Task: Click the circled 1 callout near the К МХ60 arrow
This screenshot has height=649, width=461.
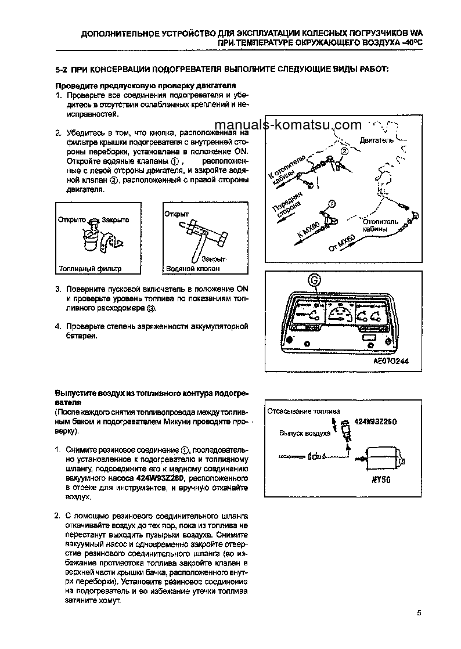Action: coord(332,204)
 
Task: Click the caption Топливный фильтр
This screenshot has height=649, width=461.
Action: coord(85,269)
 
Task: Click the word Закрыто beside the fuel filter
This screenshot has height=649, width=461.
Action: coord(115,220)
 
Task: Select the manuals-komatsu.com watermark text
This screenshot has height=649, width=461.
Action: coord(287,125)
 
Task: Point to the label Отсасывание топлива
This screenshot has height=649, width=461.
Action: coord(298,412)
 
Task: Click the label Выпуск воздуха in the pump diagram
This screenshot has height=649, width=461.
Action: coord(304,433)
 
